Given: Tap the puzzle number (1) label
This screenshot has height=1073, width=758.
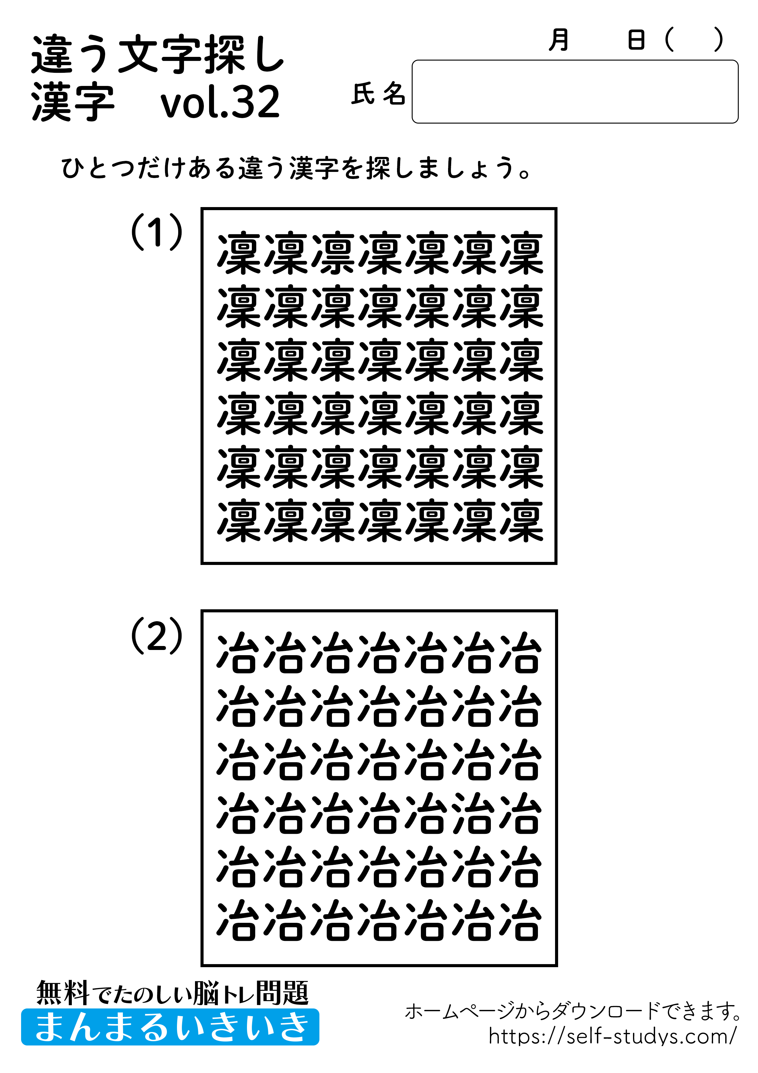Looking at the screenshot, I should coord(156,232).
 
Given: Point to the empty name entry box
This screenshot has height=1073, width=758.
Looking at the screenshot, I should coord(574,91).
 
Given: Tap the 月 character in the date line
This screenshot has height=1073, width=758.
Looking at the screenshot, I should coord(559,40).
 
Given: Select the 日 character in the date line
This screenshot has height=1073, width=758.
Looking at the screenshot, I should coord(636,40).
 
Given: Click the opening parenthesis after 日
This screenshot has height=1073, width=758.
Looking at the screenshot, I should coord(669,40).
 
